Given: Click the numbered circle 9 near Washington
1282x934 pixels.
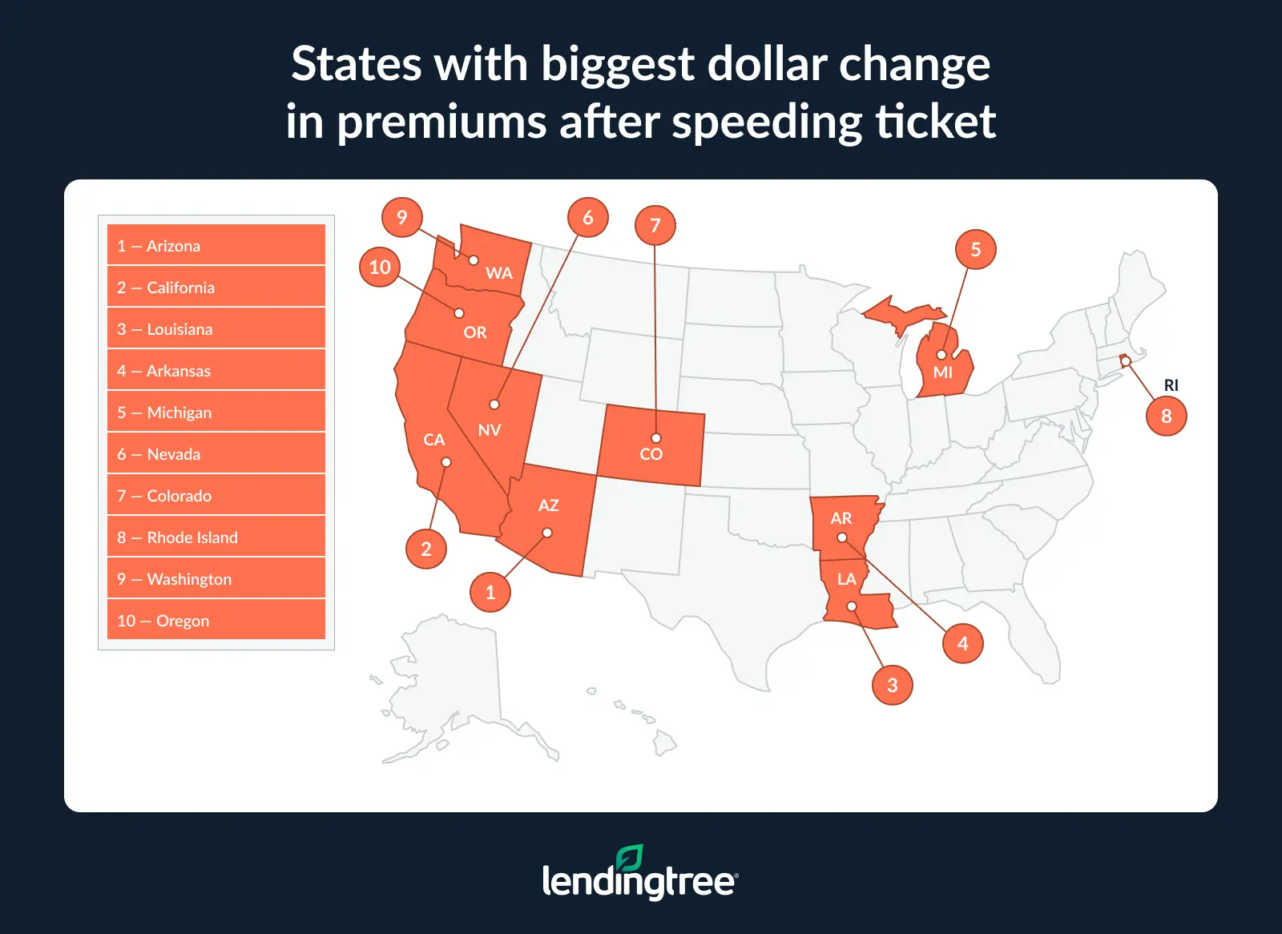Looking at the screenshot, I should (x=402, y=217).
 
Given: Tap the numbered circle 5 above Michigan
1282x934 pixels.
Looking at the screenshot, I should (x=976, y=249).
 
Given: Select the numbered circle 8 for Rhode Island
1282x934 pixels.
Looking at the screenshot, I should (x=1167, y=416).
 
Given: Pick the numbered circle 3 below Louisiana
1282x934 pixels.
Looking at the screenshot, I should (x=893, y=685).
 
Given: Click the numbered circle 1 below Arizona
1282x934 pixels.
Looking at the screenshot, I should (x=490, y=592).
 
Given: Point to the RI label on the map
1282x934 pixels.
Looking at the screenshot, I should (x=1171, y=385).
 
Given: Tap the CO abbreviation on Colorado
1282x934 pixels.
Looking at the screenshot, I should (x=651, y=454).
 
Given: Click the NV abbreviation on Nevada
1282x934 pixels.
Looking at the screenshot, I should (x=490, y=430).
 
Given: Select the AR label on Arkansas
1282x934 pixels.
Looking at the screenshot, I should (x=841, y=518).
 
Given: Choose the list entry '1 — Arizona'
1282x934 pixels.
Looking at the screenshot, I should (x=216, y=245).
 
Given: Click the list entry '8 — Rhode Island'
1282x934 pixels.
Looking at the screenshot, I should (x=216, y=537).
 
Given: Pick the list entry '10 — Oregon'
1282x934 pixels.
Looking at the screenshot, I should (x=216, y=620).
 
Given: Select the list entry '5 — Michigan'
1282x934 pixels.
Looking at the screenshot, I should (x=216, y=412).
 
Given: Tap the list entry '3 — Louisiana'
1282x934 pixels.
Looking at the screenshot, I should (x=216, y=328).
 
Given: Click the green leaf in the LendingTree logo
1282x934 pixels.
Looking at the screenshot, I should (x=629, y=858).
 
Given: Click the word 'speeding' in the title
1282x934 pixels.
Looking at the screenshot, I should (x=766, y=123).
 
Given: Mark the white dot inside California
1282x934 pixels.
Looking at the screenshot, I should (x=446, y=462).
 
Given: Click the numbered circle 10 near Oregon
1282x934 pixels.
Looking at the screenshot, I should (x=380, y=267).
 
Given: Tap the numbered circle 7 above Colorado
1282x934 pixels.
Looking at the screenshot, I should (x=655, y=225).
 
